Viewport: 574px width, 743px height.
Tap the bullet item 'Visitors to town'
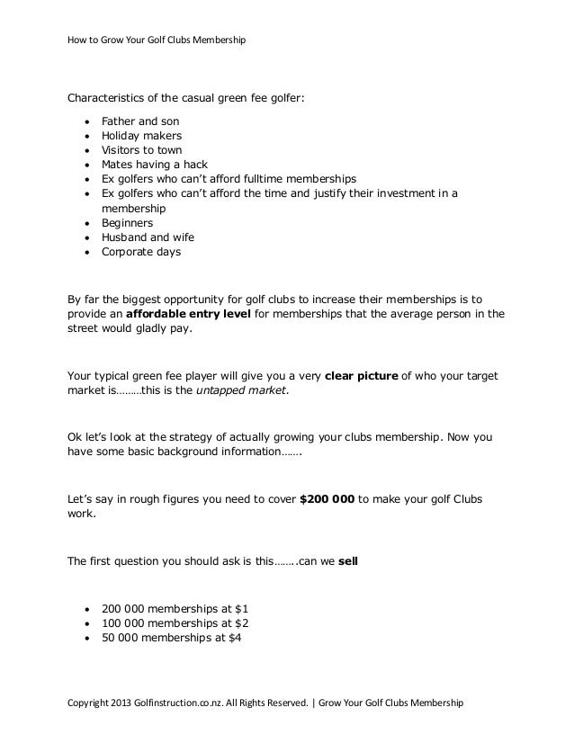tap(144, 150)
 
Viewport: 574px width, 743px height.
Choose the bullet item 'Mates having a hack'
tap(154, 165)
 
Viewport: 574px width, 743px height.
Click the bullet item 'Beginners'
tap(128, 223)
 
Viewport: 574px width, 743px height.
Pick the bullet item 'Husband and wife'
tap(148, 237)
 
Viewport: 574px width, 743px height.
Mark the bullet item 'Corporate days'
tap(141, 252)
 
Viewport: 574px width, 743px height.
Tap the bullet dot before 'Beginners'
tap(85, 223)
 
